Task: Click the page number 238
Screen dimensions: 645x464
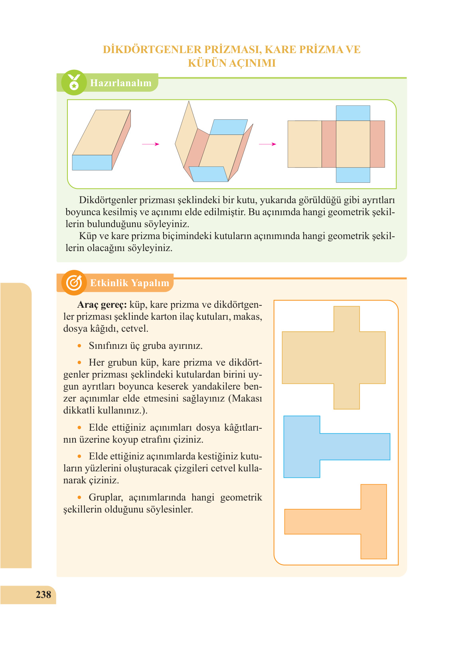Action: click(x=43, y=594)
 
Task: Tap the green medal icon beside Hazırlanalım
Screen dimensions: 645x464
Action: click(x=74, y=83)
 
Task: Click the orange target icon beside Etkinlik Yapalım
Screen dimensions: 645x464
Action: click(x=74, y=283)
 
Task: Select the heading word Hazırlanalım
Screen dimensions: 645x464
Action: click(x=121, y=83)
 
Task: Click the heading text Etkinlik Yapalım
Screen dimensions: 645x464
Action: click(x=130, y=283)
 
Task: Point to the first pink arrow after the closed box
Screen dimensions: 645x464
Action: click(x=150, y=144)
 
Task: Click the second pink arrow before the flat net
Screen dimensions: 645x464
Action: click(x=267, y=144)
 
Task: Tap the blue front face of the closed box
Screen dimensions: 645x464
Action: click(x=92, y=162)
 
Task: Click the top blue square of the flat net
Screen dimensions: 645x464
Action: click(x=353, y=113)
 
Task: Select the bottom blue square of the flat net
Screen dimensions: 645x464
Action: click(x=353, y=175)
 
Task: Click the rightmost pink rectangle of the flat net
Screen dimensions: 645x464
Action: click(x=377, y=144)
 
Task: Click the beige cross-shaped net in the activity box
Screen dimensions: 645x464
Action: click(x=334, y=358)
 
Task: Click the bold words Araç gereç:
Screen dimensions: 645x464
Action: click(x=102, y=305)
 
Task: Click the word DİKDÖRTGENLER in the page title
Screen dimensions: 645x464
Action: click(x=152, y=49)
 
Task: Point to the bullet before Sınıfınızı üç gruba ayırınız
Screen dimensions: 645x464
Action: click(x=80, y=346)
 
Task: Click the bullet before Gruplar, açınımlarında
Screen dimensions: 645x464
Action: click(x=80, y=497)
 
